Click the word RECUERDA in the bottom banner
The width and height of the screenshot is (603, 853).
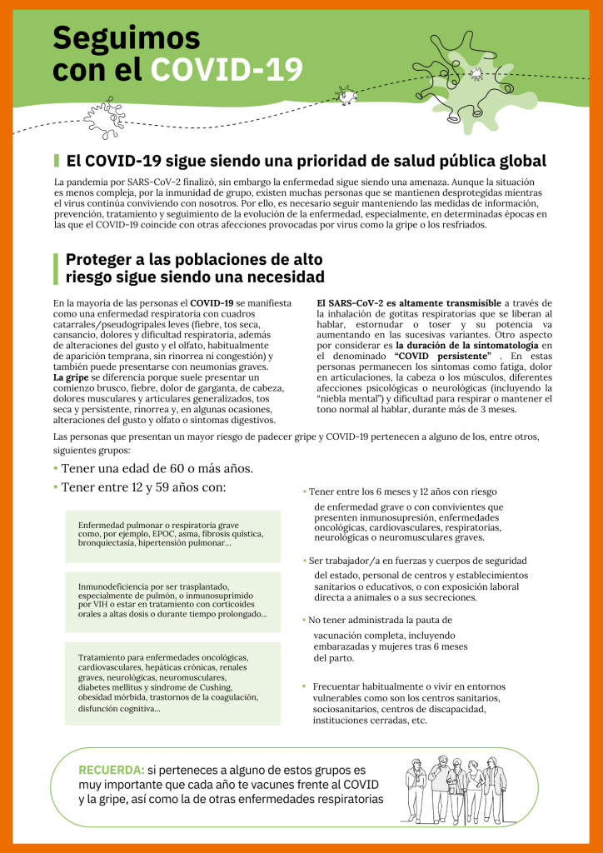point(111,769)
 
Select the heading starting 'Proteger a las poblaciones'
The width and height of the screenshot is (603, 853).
point(194,267)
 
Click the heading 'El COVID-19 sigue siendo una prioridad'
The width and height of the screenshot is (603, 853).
point(306,160)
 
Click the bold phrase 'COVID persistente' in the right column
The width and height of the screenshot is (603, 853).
point(441,357)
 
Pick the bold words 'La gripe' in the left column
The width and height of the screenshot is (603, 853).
point(72,377)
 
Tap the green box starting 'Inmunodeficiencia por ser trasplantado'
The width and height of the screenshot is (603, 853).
point(172,600)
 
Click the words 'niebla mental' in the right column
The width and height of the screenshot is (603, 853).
point(350,398)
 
